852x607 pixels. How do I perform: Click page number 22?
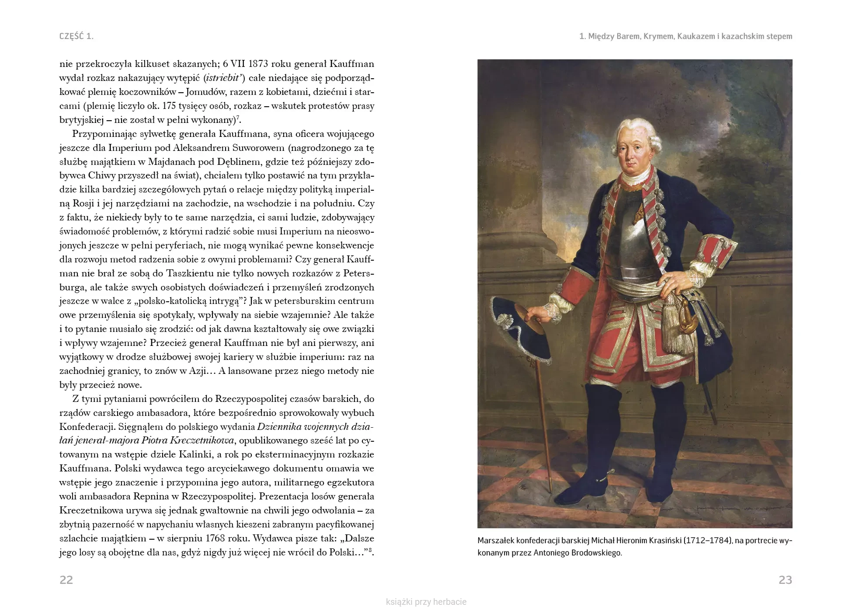click(x=66, y=580)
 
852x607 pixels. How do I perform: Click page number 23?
click(x=785, y=580)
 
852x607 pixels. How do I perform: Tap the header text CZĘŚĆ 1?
click(x=77, y=36)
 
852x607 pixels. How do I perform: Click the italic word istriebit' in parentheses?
click(x=223, y=78)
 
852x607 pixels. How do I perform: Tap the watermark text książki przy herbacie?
click(x=426, y=602)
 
